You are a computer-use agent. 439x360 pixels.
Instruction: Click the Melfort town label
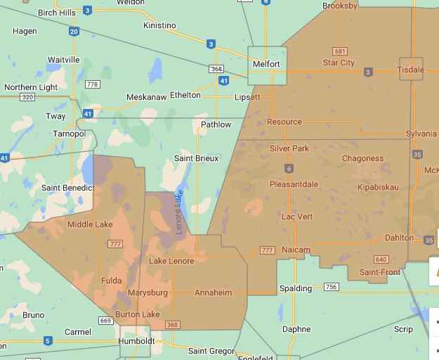(267, 64)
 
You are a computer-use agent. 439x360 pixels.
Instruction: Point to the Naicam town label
(296, 250)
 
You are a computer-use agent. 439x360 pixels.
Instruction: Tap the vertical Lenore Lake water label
(179, 212)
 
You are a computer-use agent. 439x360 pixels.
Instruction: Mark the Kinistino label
(159, 25)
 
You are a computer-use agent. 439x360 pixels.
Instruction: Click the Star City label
(339, 63)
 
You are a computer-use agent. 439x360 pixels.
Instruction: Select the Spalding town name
(296, 288)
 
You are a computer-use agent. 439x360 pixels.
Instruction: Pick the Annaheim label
(213, 292)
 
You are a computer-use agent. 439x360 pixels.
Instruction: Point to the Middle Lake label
(90, 224)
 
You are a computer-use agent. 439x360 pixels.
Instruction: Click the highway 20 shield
(74, 32)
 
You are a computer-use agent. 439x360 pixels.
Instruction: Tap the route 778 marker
(92, 84)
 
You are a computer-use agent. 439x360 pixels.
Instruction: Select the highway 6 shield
(288, 168)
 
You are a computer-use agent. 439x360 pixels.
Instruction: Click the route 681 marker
(341, 51)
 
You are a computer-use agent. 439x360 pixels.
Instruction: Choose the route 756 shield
(331, 287)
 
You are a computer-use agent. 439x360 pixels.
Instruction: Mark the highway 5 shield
(47, 341)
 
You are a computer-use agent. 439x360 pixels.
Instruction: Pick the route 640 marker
(381, 259)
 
